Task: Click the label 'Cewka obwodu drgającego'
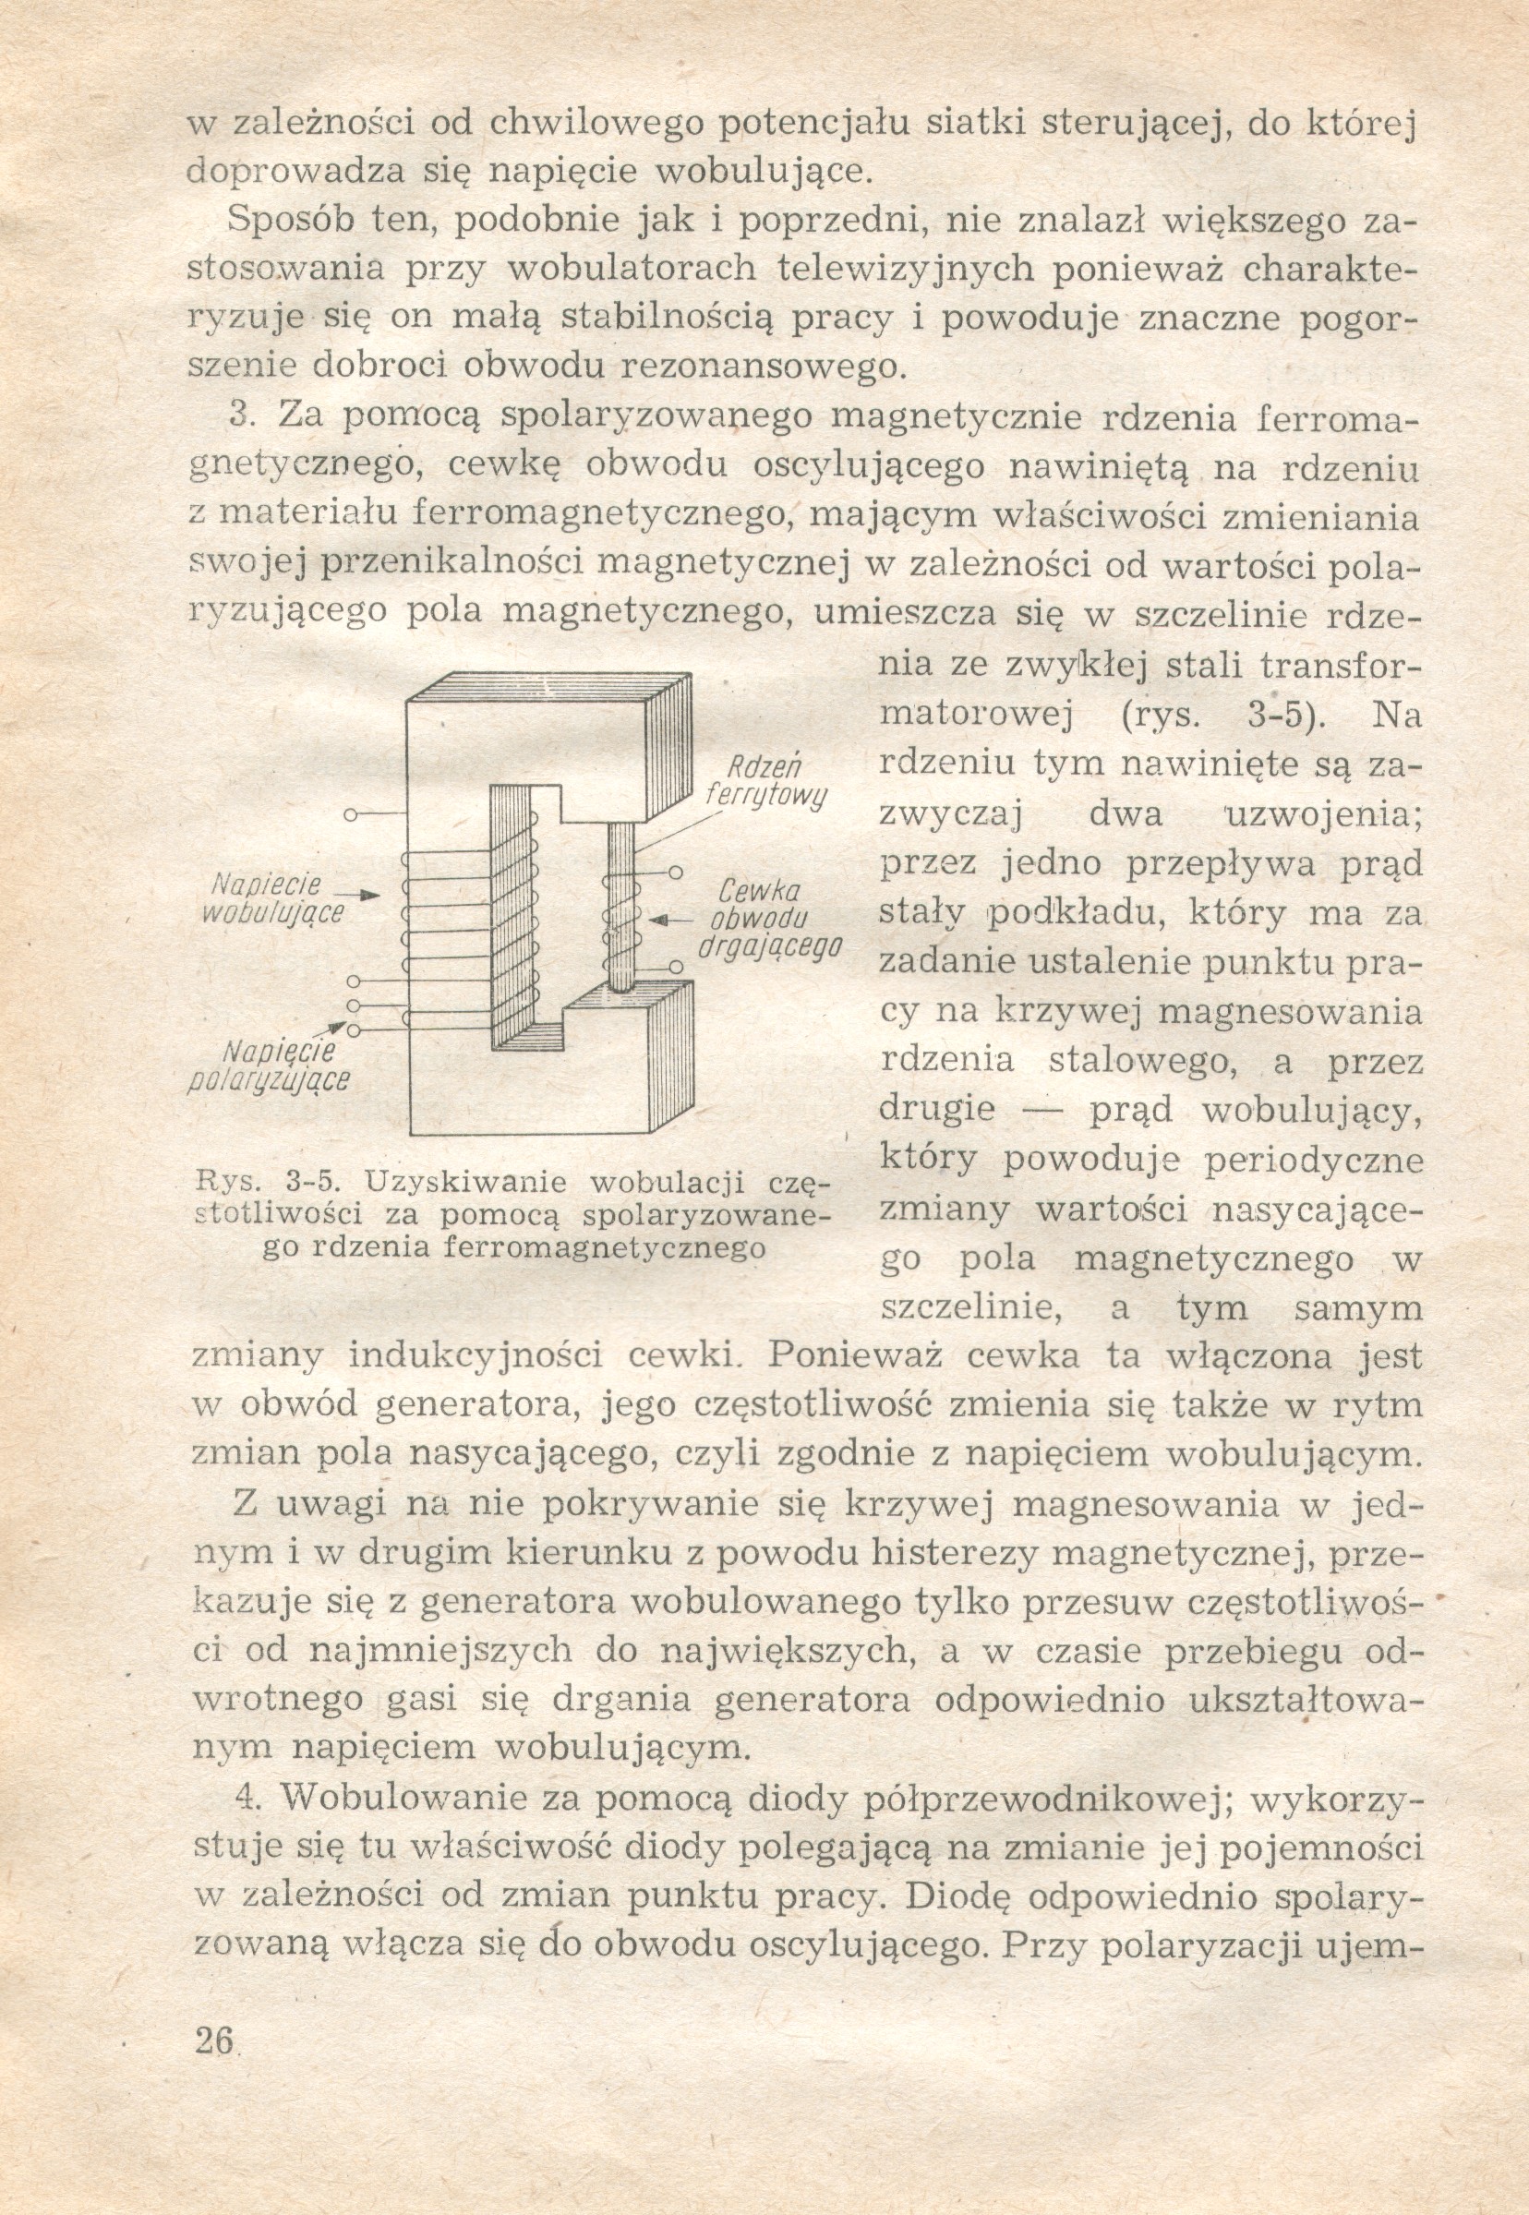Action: [x=771, y=920]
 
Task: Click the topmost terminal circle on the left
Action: [x=351, y=815]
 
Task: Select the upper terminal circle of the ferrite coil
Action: [x=676, y=873]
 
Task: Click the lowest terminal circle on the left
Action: [x=354, y=1029]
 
